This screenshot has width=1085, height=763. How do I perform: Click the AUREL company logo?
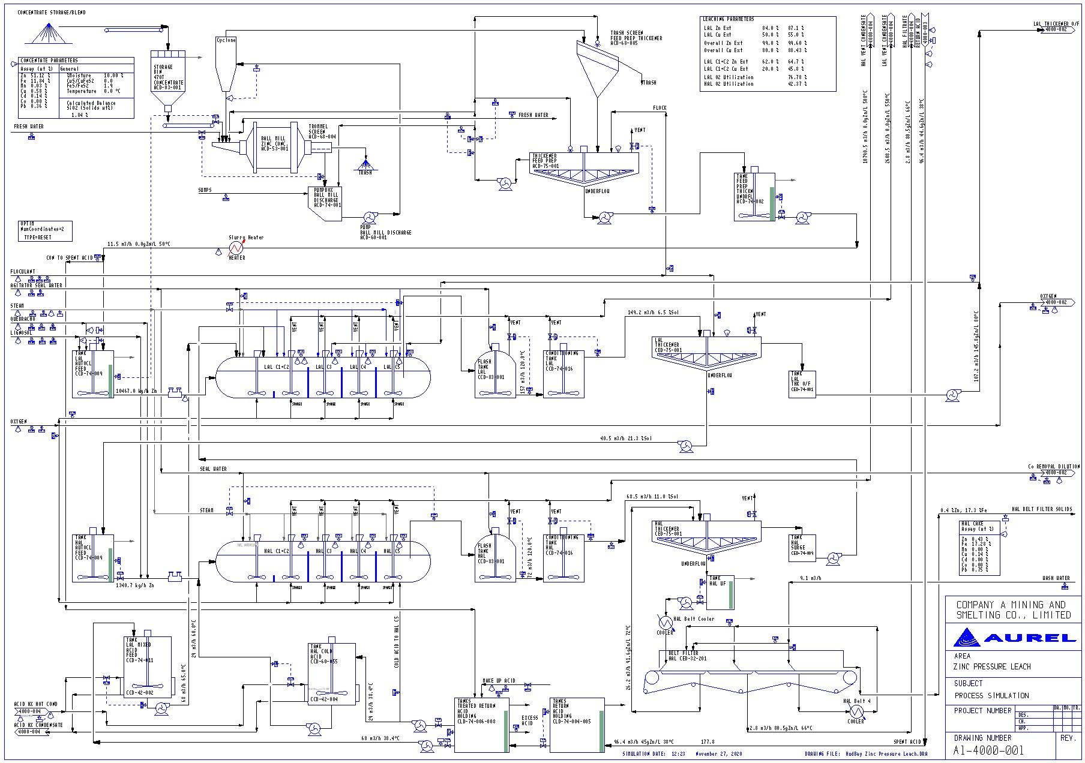[x=1015, y=637]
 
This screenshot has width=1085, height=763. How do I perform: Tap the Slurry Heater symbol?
[x=236, y=247]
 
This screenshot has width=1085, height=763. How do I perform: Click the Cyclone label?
[x=226, y=40]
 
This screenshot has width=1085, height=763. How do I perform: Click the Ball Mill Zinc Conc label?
[x=274, y=143]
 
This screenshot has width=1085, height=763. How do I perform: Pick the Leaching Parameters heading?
[x=729, y=19]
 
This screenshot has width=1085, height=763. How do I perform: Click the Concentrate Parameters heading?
[x=49, y=61]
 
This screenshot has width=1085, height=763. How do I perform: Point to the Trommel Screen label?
[x=322, y=131]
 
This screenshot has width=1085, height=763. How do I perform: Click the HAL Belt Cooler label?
[x=694, y=618]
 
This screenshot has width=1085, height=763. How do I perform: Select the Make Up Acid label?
[x=499, y=681]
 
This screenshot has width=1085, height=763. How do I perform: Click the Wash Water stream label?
[x=1056, y=578]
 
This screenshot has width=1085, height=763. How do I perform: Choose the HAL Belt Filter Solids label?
[x=1041, y=509]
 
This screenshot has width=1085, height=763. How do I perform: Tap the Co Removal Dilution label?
[x=1053, y=466]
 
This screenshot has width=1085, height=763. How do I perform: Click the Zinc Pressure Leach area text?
[x=992, y=666]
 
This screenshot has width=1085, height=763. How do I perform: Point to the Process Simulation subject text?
[x=991, y=696]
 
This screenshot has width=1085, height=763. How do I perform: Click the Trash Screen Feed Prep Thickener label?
[x=636, y=38]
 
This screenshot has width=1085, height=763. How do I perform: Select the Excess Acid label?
[x=529, y=720]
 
